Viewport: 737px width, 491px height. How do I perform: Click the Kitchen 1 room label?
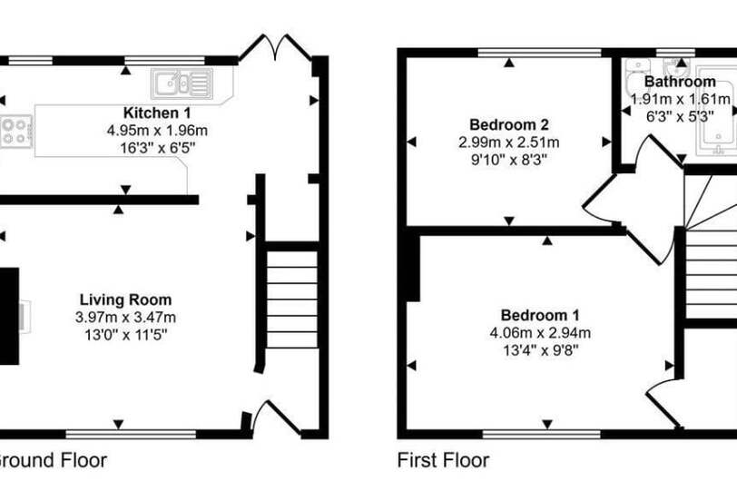click(x=157, y=113)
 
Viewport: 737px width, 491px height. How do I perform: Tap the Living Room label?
click(x=125, y=300)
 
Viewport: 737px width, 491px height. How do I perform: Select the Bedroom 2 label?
click(x=509, y=124)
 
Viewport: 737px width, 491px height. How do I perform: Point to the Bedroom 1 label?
click(x=540, y=315)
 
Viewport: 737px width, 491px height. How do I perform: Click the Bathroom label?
click(x=680, y=82)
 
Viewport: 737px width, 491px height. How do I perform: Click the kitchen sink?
click(x=182, y=83)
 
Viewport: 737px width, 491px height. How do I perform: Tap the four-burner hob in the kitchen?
click(x=16, y=132)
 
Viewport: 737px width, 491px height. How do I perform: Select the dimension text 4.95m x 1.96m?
click(x=157, y=130)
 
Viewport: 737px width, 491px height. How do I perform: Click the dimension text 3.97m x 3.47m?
click(x=125, y=317)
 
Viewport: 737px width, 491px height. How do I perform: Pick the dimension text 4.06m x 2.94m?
click(x=540, y=333)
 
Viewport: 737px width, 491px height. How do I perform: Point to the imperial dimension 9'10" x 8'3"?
click(x=509, y=160)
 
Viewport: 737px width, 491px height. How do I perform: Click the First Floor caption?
click(x=443, y=460)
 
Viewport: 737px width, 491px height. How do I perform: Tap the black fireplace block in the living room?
click(x=9, y=316)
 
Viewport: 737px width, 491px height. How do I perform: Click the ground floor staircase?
click(x=292, y=300)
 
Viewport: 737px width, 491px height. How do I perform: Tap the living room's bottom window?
click(x=131, y=434)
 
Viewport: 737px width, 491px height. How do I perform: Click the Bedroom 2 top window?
click(x=539, y=53)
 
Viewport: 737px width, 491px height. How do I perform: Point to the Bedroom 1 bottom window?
click(x=542, y=434)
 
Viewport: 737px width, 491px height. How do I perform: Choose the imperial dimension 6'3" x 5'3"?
click(x=680, y=116)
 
